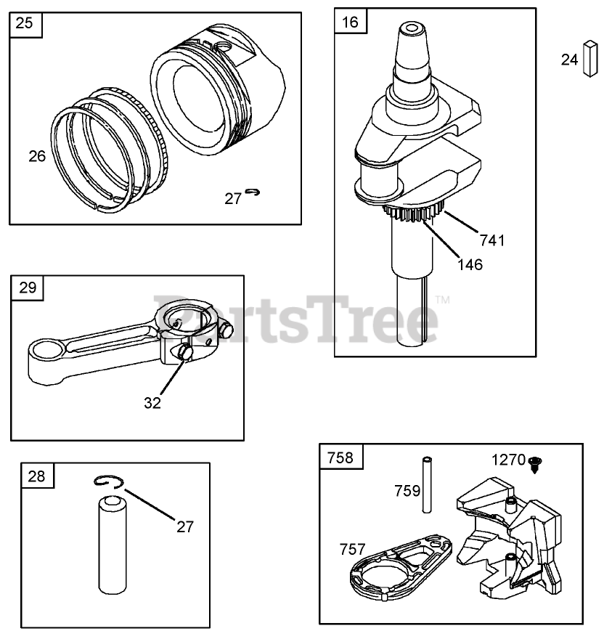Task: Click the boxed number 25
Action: [x=24, y=24]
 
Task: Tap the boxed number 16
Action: [x=349, y=22]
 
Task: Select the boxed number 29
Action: [x=27, y=288]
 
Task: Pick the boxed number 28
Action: [x=36, y=476]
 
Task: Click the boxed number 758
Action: [x=340, y=457]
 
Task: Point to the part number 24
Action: [x=569, y=60]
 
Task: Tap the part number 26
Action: [x=36, y=155]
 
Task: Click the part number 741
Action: [x=491, y=240]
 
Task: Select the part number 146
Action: [x=470, y=264]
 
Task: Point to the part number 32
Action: [x=152, y=403]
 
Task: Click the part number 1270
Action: [x=507, y=460]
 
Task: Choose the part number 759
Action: [x=407, y=491]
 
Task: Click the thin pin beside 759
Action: [x=428, y=489]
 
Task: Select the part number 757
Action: [x=353, y=550]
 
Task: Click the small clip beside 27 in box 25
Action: [x=252, y=192]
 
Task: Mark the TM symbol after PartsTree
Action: [x=442, y=299]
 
